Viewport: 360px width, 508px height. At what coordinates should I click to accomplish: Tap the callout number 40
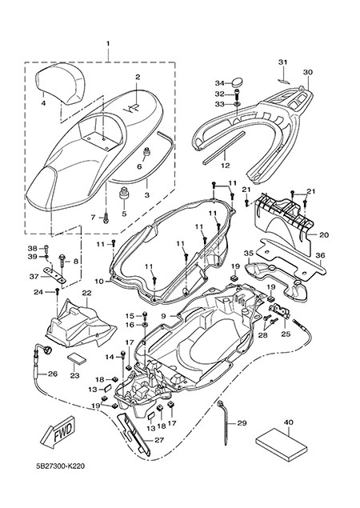288,422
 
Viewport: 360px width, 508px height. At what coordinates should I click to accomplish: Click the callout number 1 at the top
108,43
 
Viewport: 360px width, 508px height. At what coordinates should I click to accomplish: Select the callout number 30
308,72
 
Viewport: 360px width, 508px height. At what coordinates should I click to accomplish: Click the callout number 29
242,423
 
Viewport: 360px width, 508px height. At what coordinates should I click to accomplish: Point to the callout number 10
99,282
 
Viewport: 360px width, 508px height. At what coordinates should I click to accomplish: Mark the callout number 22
87,293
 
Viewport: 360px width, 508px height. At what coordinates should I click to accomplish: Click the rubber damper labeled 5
124,194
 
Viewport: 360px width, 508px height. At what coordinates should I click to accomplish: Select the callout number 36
320,255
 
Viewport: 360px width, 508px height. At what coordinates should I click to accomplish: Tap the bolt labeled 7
106,218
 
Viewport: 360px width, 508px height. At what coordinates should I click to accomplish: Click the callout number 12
225,166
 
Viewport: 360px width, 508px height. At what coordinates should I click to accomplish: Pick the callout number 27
159,440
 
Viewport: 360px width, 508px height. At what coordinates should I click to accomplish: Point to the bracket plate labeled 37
55,274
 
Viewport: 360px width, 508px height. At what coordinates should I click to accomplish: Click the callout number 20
324,234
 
